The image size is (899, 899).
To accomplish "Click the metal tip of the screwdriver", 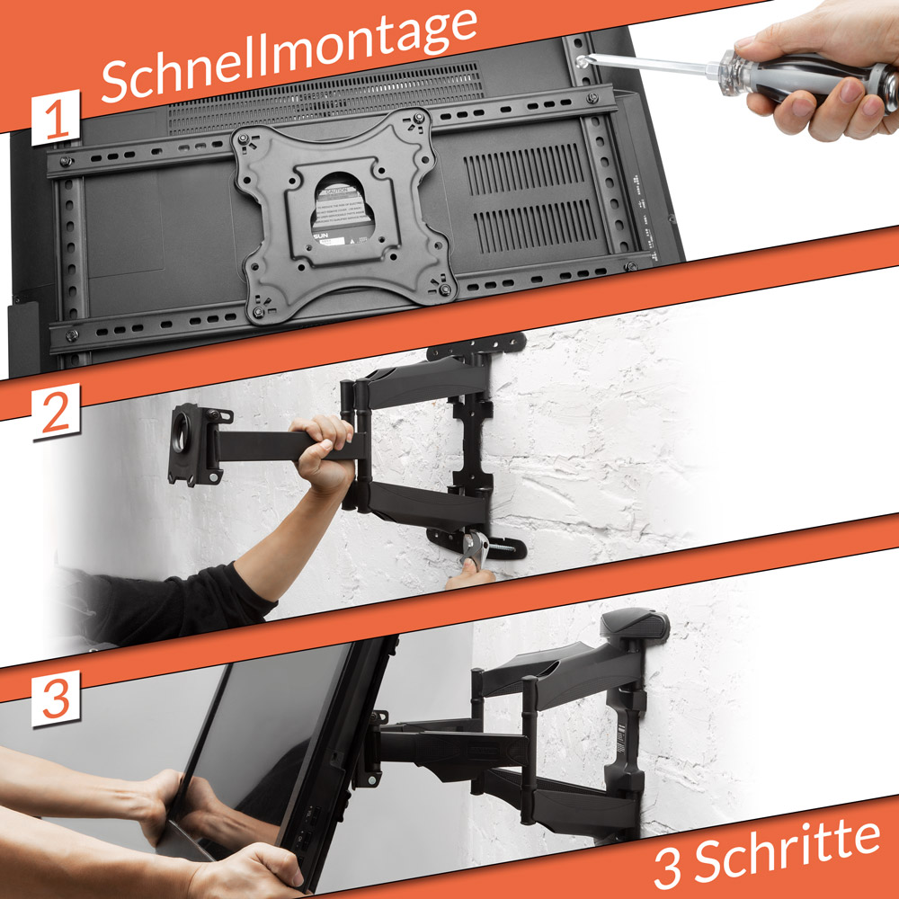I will pyautogui.click(x=589, y=59).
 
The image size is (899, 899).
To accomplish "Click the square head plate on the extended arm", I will pyautogui.click(x=193, y=443).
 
